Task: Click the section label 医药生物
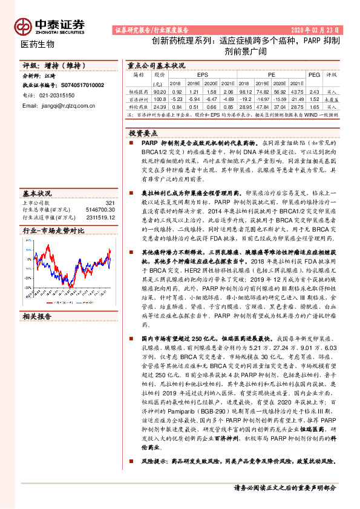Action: pyautogui.click(x=38, y=44)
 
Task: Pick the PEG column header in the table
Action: pyautogui.click(x=314, y=74)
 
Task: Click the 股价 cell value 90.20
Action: pyautogui.click(x=160, y=91)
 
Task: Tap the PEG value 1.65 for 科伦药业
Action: pyautogui.click(x=314, y=105)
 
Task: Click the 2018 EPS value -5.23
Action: pyautogui.click(x=176, y=98)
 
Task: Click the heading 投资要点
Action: pyautogui.click(x=143, y=132)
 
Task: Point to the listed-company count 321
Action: pyautogui.click(x=110, y=203)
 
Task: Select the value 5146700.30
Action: pyautogui.click(x=100, y=209)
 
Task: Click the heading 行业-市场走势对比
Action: pyautogui.click(x=53, y=231)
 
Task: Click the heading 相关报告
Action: pyautogui.click(x=38, y=316)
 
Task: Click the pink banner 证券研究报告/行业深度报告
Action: pyautogui.click(x=151, y=30)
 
